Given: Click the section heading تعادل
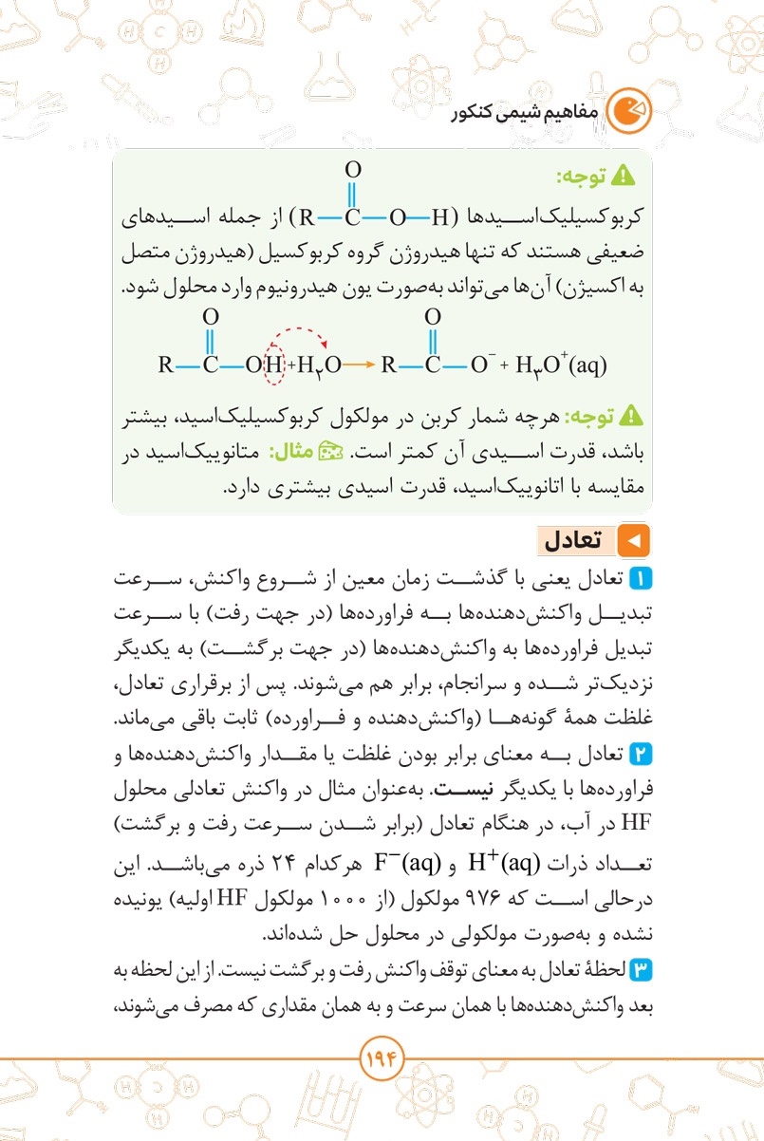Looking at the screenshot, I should tap(571, 540).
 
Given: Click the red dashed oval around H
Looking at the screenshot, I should tap(274, 364).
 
